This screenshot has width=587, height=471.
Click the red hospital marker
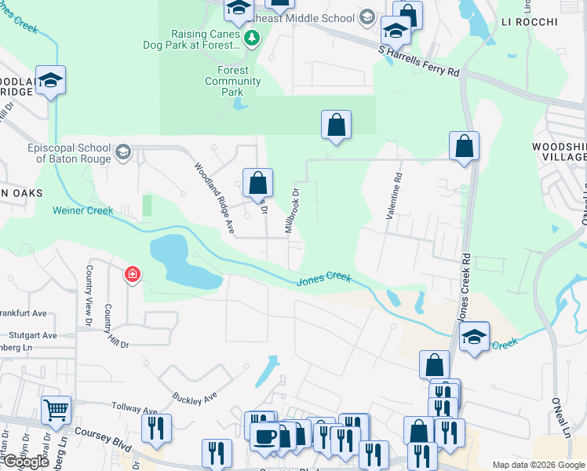[133, 275]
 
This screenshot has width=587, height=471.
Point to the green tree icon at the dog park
[251, 38]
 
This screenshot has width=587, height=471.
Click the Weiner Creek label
[83, 210]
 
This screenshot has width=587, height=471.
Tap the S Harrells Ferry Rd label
[418, 60]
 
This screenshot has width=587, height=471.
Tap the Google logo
[26, 462]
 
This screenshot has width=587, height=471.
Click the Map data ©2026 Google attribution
[538, 465]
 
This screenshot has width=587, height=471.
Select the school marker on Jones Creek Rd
[474, 337]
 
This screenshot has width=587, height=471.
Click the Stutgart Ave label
[29, 335]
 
